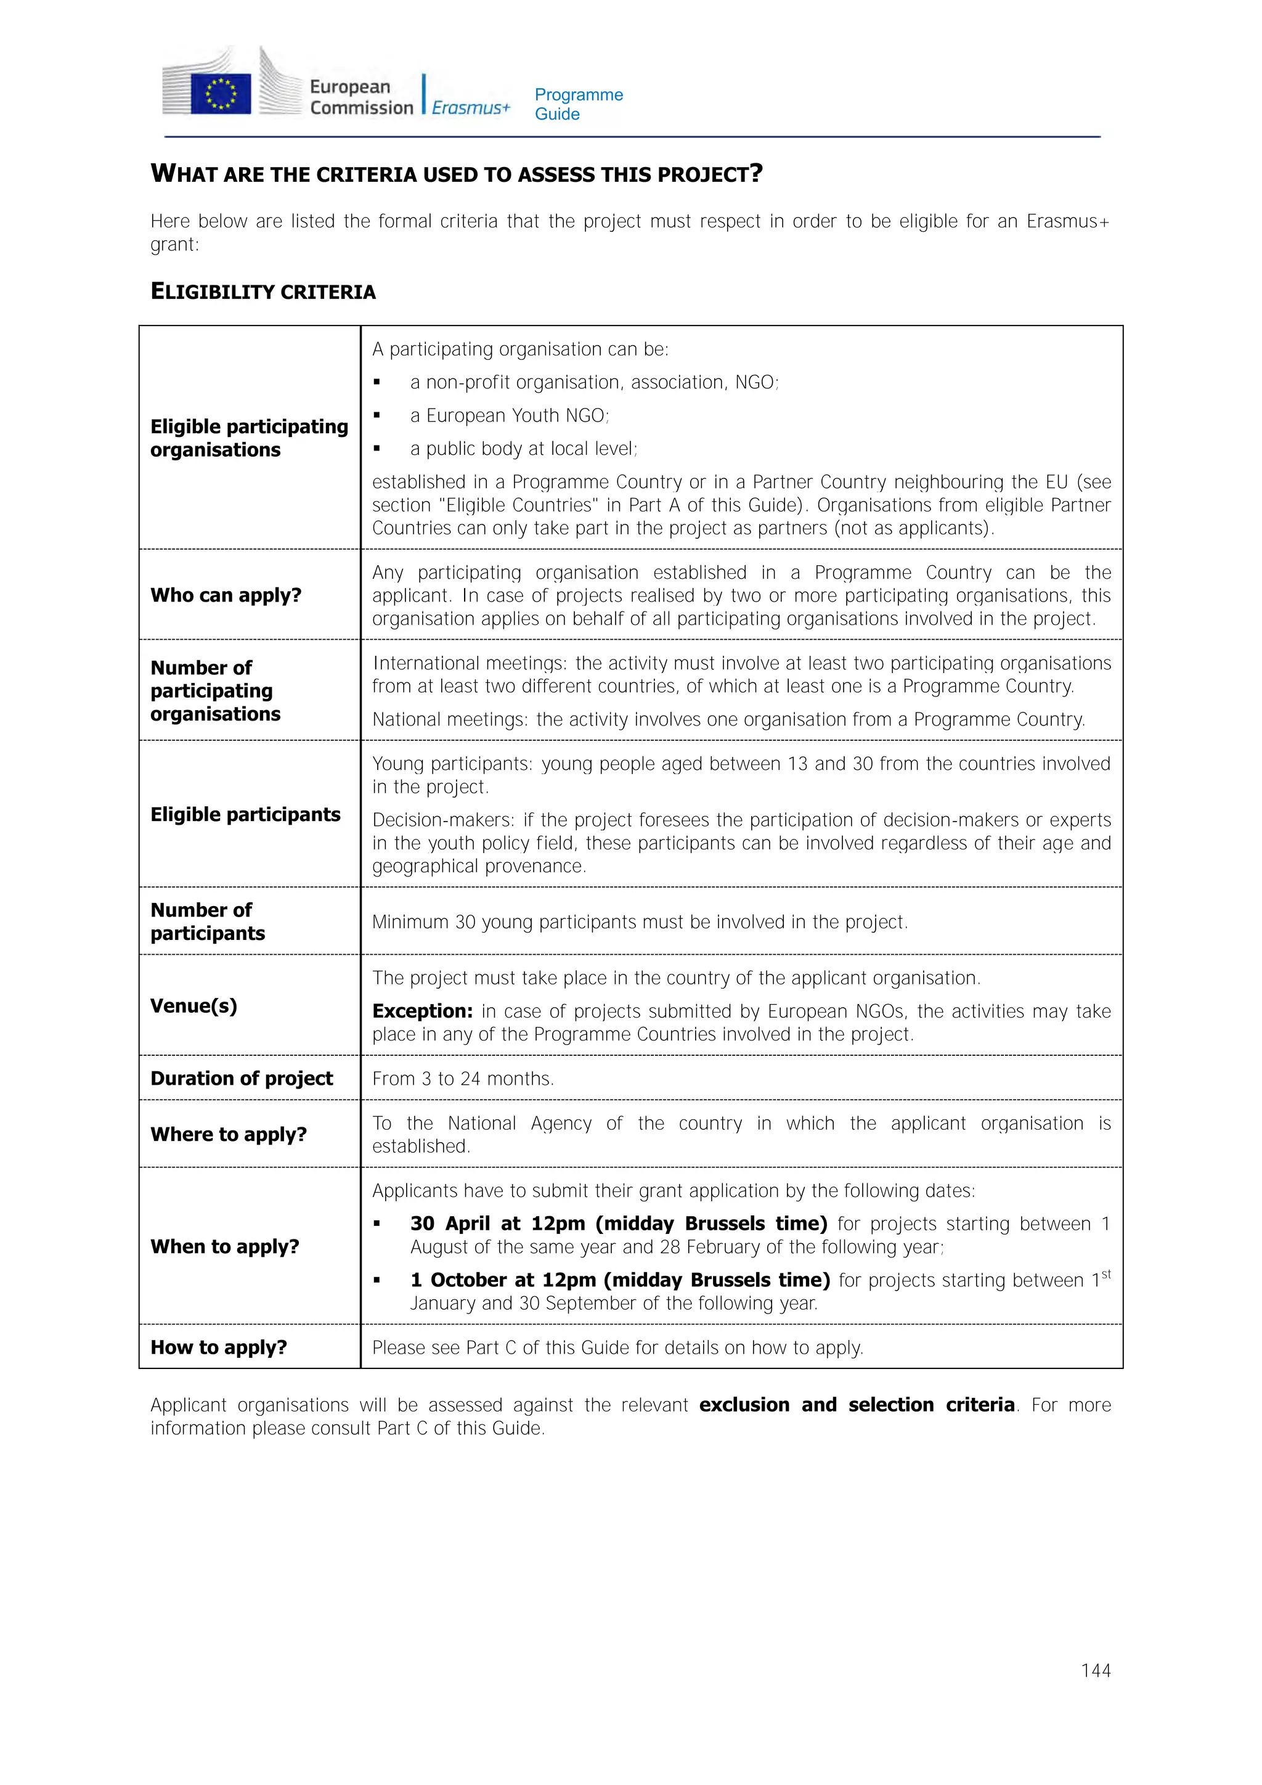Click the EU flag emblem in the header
[221, 93]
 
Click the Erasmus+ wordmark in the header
[470, 107]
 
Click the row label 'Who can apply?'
[226, 595]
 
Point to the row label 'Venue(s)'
[193, 1005]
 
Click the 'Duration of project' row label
[241, 1078]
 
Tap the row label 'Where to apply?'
[229, 1134]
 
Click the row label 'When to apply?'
[224, 1246]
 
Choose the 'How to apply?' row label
[218, 1347]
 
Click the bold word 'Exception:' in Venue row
[422, 1011]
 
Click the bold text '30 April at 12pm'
[497, 1223]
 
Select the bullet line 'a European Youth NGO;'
[509, 416]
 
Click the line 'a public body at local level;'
[523, 449]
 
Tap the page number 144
[1095, 1670]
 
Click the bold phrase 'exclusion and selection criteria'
[857, 1405]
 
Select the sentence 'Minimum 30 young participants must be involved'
[639, 922]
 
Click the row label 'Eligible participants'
[245, 814]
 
